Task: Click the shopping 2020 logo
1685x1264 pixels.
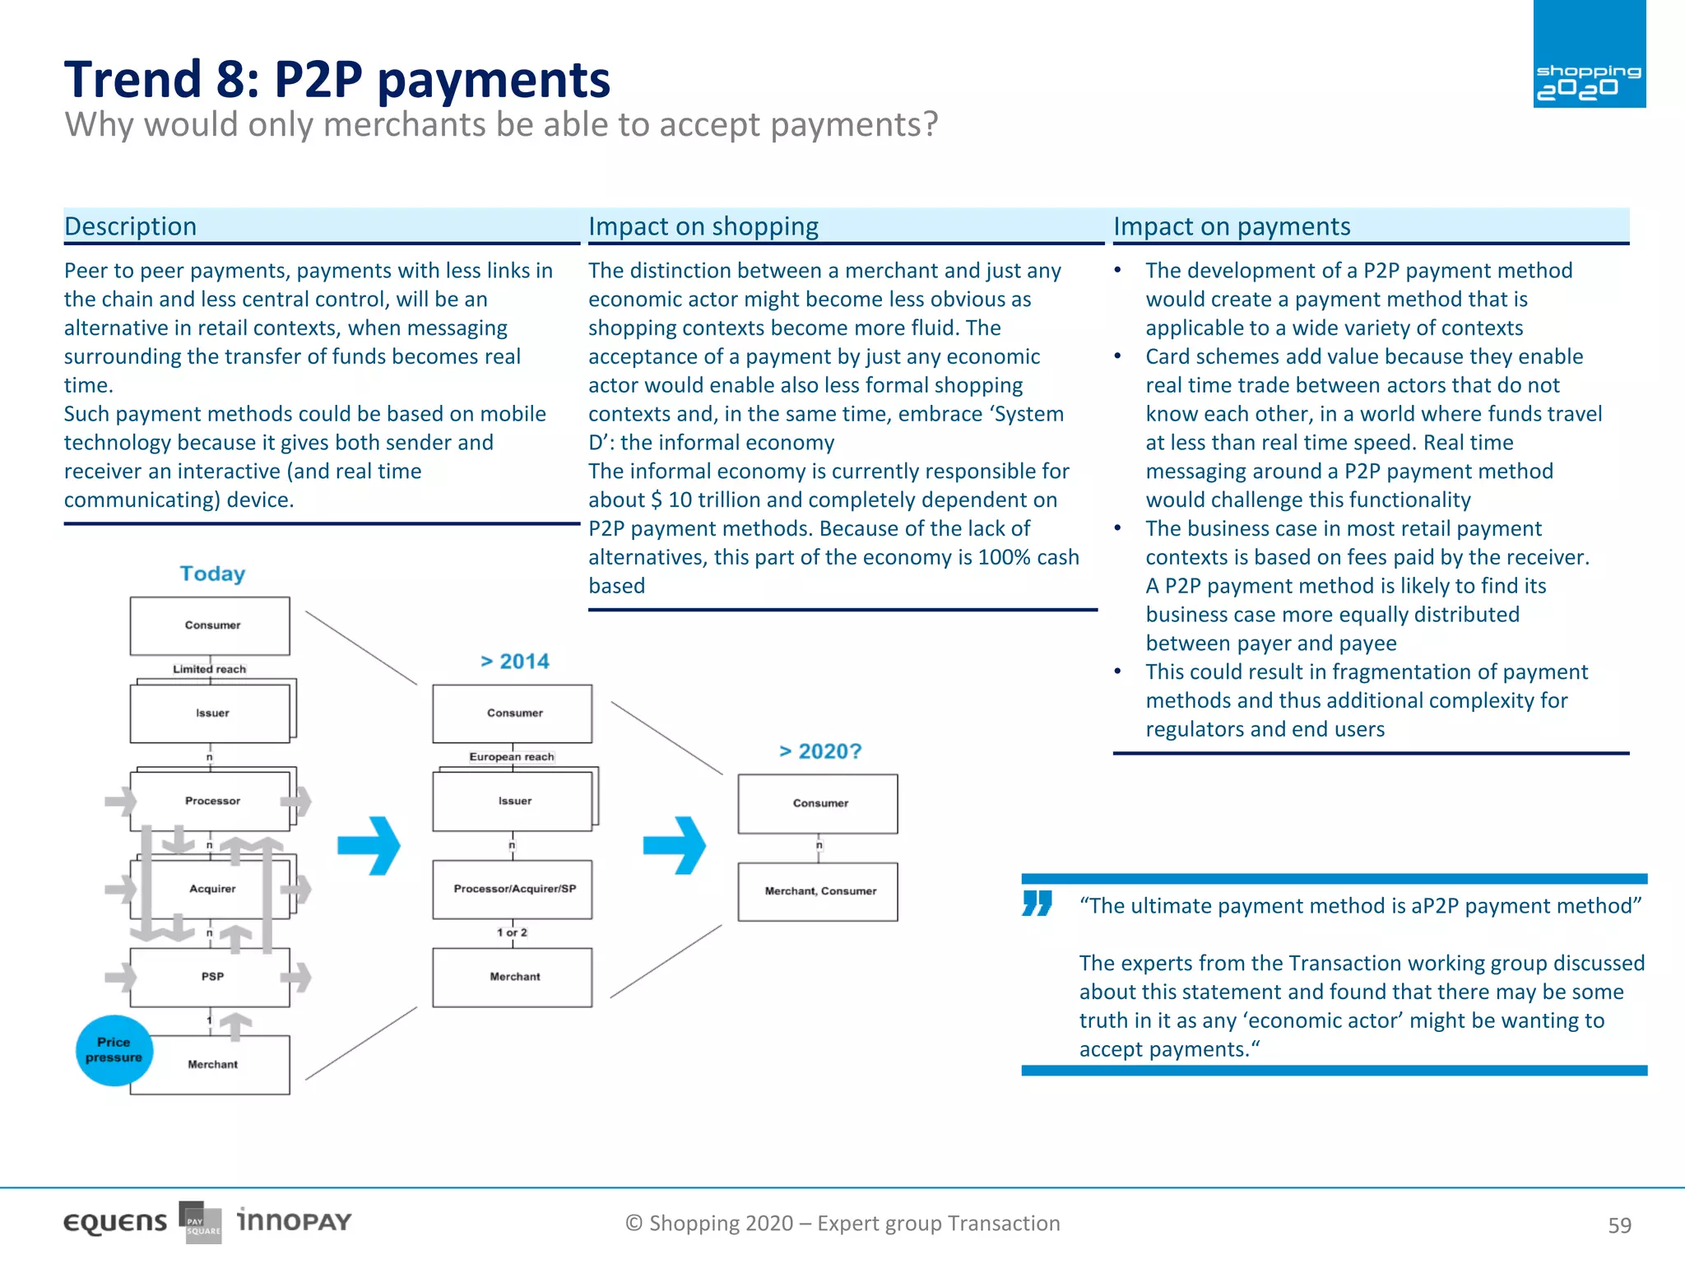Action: (1589, 55)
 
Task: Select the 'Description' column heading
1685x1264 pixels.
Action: (131, 226)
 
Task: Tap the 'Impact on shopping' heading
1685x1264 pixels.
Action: (703, 226)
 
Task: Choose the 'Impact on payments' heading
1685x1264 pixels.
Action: (1232, 226)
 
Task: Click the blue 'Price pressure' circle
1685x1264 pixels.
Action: (114, 1050)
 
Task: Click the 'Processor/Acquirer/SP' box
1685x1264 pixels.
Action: (513, 889)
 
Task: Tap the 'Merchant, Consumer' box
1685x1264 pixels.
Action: (819, 891)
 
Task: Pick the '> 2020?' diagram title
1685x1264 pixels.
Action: (819, 751)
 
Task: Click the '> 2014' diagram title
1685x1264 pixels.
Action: (515, 662)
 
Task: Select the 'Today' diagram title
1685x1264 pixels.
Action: (212, 574)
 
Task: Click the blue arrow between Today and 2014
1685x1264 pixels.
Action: (369, 845)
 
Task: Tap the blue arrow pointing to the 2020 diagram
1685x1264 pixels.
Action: (675, 845)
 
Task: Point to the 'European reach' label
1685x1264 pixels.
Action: (511, 756)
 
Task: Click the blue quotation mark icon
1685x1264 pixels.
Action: (1037, 903)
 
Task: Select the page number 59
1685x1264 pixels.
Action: (1619, 1225)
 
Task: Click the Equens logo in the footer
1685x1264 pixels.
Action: (115, 1223)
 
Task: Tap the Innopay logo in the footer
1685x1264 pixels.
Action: (294, 1220)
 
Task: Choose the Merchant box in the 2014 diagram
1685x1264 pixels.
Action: (513, 977)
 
